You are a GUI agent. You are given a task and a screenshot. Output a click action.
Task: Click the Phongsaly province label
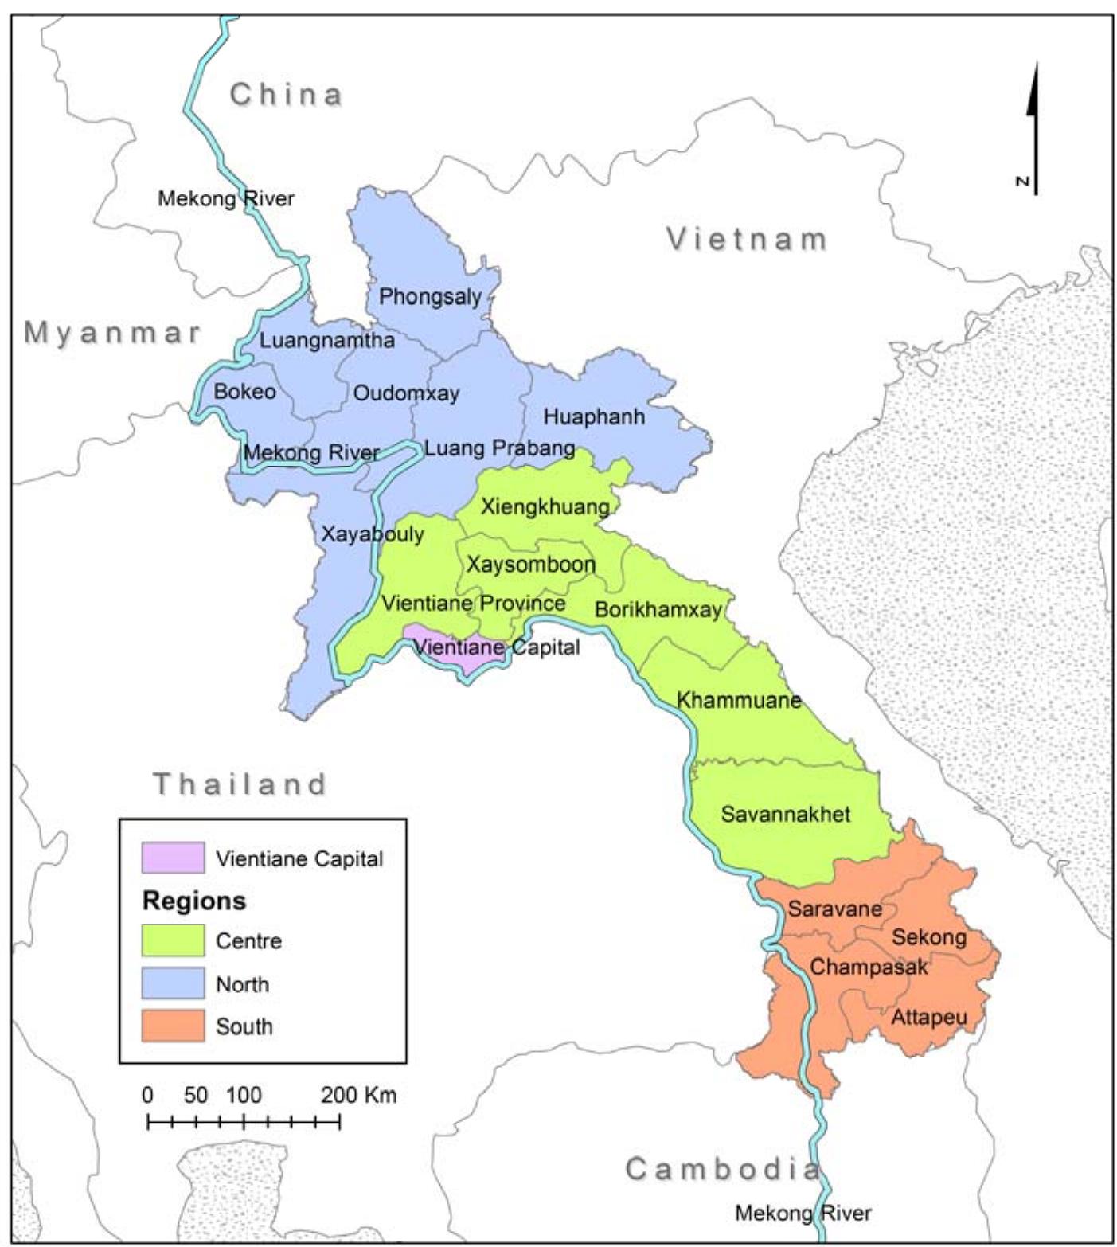coord(430,297)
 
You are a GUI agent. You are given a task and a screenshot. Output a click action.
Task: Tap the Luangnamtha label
coord(327,341)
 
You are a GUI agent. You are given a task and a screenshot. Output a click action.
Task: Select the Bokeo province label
coord(244,392)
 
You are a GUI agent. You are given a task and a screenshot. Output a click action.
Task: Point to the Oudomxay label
coord(406,393)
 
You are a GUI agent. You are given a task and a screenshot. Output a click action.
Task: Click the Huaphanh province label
coord(594,416)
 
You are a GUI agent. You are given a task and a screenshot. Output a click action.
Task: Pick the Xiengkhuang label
coord(545,506)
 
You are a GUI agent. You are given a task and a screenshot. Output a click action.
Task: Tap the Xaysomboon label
coord(530,565)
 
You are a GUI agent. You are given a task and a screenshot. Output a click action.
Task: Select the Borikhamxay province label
coord(658,610)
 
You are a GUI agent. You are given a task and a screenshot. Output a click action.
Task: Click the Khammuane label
coord(738,701)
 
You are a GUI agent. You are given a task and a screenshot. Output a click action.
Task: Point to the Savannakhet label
coord(785,814)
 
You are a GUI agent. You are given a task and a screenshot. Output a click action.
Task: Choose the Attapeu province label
coord(928,1017)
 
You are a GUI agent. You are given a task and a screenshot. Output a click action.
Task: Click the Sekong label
coord(928,937)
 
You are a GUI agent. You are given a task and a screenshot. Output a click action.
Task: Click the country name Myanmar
coord(112,333)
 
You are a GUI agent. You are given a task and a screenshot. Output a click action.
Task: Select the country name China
coord(287,95)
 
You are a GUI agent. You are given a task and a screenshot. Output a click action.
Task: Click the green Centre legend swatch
coord(173,940)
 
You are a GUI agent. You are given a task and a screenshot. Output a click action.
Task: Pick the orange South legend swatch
coord(173,1026)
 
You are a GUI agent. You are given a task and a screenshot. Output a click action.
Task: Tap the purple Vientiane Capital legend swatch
coord(173,858)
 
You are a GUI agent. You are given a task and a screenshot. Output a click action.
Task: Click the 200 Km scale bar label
coord(358,1095)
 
